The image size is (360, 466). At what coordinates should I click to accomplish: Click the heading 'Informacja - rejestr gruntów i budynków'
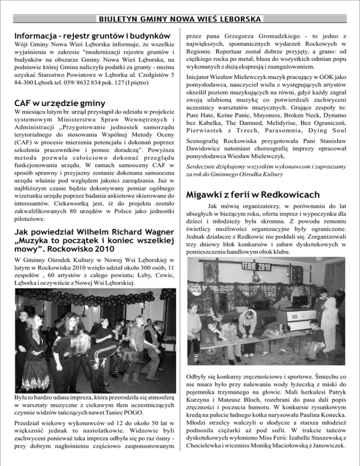(91, 35)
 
